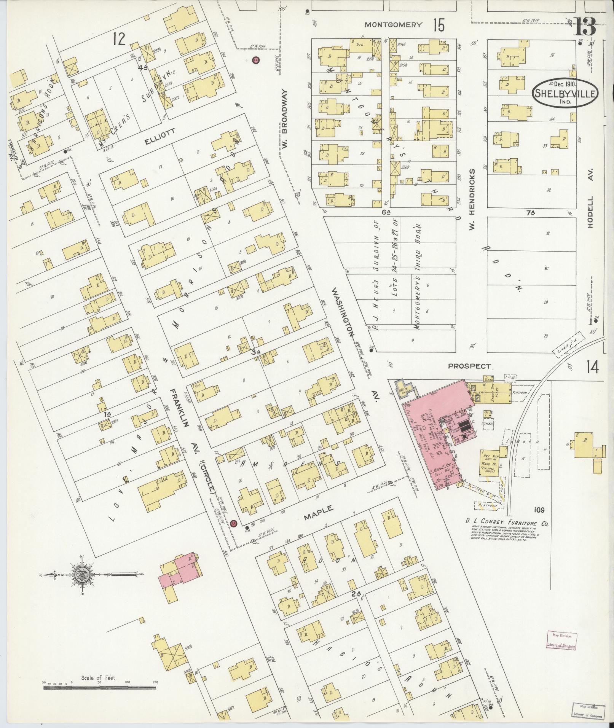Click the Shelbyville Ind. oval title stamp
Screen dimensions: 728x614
[x=565, y=93]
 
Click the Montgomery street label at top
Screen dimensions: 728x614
[x=393, y=25]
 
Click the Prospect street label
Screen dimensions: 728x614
[x=469, y=366]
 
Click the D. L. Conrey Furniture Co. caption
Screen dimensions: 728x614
[x=507, y=524]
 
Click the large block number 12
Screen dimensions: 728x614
[x=119, y=39]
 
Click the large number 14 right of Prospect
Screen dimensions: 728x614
[x=592, y=368]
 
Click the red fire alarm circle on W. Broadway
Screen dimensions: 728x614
[x=256, y=60]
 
